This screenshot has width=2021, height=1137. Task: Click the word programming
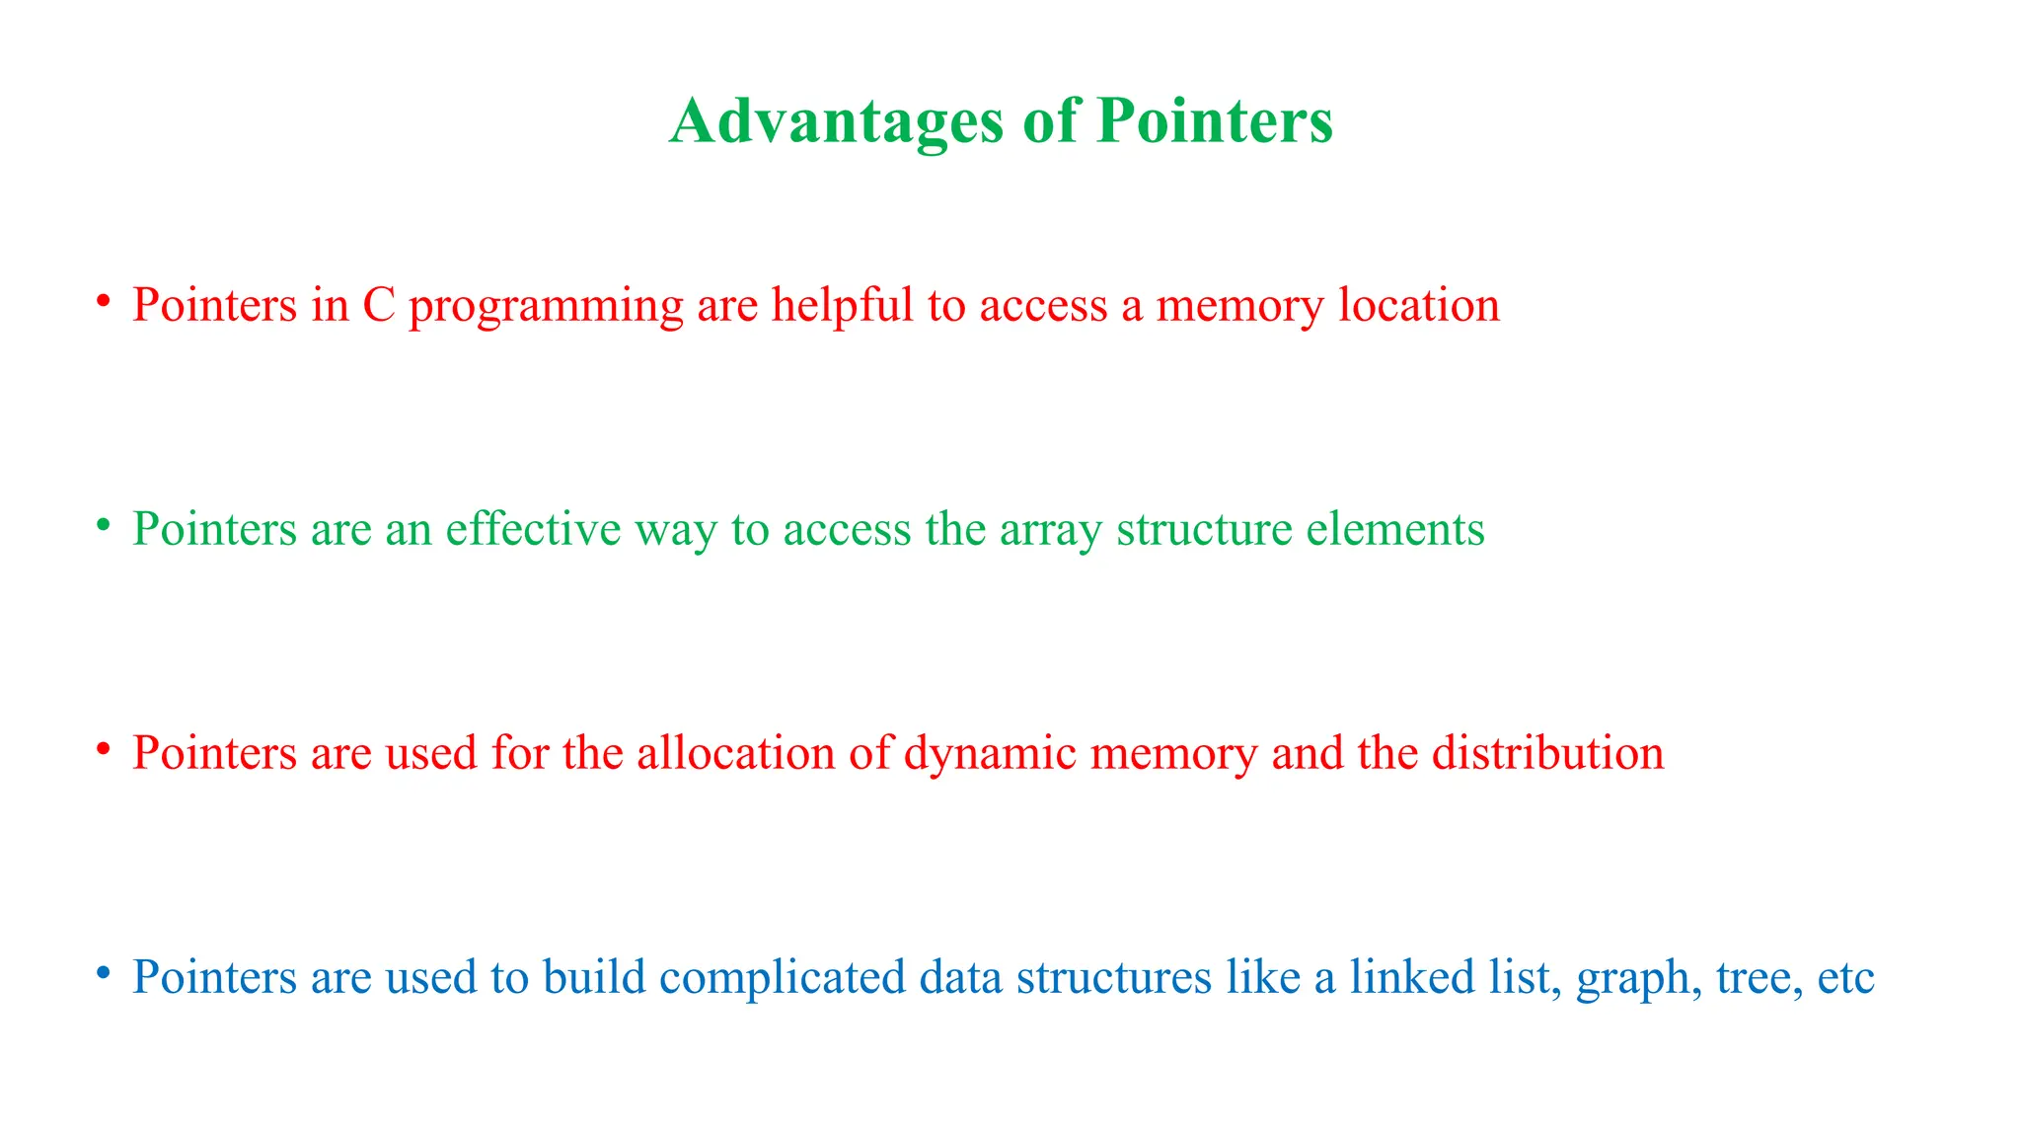tap(546, 308)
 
